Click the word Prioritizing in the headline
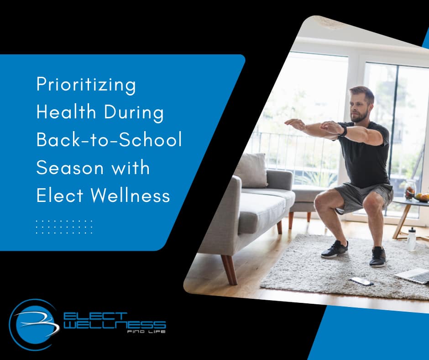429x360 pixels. coord(86,86)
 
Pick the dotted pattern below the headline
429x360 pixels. coord(64,227)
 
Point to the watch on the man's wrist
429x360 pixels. coord(343,131)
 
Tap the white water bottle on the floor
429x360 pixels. coord(412,239)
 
